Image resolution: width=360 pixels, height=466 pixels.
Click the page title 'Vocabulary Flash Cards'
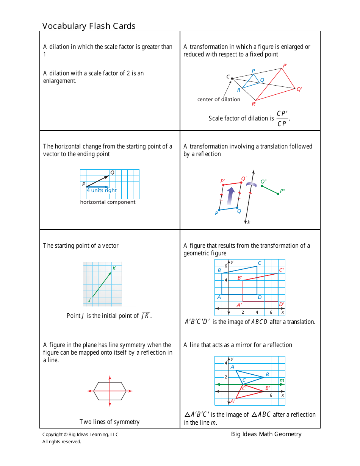point(89,26)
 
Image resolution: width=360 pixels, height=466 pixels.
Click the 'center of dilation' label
point(219,99)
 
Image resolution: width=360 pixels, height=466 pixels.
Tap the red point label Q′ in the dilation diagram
point(299,89)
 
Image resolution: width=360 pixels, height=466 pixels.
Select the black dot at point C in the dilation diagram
point(232,78)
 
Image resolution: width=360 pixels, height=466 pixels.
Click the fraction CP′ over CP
point(282,119)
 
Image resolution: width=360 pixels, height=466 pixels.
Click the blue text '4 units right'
point(102,190)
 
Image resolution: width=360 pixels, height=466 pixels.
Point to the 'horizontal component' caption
point(108,202)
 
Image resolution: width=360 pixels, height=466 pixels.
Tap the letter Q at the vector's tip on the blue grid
point(112,173)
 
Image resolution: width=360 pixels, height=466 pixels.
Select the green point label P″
point(282,191)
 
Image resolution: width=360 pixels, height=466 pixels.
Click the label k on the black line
point(249,223)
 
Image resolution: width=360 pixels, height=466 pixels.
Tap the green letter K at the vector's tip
point(114,269)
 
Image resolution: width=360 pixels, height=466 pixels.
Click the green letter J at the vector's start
point(89,300)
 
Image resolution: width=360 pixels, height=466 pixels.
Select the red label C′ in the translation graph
point(281,270)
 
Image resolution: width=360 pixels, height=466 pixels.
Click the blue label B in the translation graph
point(219,270)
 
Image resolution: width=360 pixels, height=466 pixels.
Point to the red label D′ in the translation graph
point(281,304)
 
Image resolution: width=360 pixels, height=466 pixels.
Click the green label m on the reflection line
point(282,380)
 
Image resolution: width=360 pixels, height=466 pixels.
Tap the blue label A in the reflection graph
point(232,367)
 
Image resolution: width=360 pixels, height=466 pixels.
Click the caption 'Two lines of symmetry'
point(110,422)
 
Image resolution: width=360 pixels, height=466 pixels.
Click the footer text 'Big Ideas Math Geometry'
point(266,434)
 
